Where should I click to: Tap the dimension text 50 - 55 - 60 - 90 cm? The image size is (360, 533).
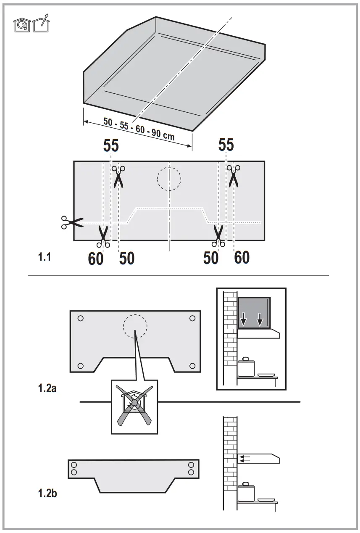139,129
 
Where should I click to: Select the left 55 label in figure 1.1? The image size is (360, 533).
111,145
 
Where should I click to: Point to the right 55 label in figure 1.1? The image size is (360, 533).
226,145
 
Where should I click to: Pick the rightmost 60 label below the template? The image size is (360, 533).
242,257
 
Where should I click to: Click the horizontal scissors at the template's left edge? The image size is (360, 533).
72,222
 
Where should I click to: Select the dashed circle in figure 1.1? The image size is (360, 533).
169,179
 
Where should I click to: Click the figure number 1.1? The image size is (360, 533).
44,257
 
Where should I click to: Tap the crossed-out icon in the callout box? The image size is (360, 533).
135,406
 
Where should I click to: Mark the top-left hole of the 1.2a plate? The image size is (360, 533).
81,318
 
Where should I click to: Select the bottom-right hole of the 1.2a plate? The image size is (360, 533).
192,365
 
